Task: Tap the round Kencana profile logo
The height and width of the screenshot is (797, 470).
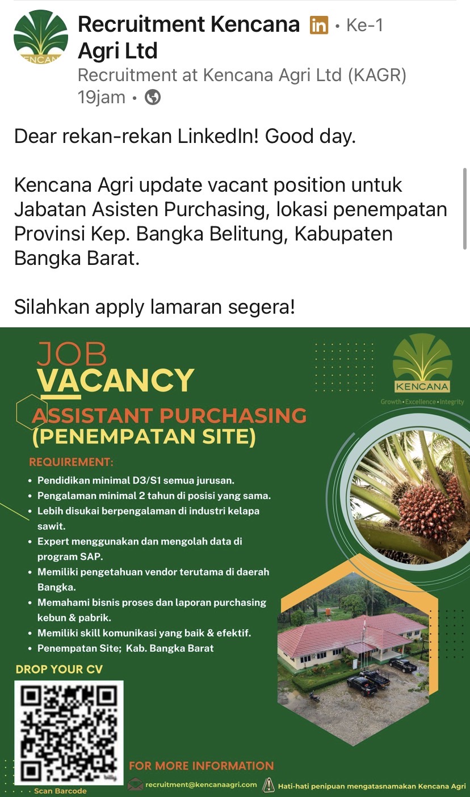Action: pos(41,37)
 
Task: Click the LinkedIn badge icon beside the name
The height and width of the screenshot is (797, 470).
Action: pos(318,25)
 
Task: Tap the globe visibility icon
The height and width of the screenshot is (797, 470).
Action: pos(153,97)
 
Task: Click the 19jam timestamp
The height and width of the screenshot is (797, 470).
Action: pos(102,97)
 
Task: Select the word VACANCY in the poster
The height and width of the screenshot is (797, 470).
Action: pos(116,380)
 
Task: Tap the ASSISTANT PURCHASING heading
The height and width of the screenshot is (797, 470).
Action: pos(169,415)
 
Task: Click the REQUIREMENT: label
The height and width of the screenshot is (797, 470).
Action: pos(71,462)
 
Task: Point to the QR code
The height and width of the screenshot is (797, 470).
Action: pos(69,732)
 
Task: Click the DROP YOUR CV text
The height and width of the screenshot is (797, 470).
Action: pos(59,669)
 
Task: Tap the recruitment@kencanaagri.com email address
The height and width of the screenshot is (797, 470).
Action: pos(201,785)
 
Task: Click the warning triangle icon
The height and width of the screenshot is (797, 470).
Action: pos(268,785)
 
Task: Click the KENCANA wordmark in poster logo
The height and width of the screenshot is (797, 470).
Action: pos(422,386)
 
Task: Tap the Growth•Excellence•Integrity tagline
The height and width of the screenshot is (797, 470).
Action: pos(422,402)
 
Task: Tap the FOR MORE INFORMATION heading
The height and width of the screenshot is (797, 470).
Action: pos(202,766)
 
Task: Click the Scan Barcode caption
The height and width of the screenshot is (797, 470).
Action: pos(60,791)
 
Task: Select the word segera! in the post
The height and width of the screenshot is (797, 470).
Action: pos(262,307)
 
